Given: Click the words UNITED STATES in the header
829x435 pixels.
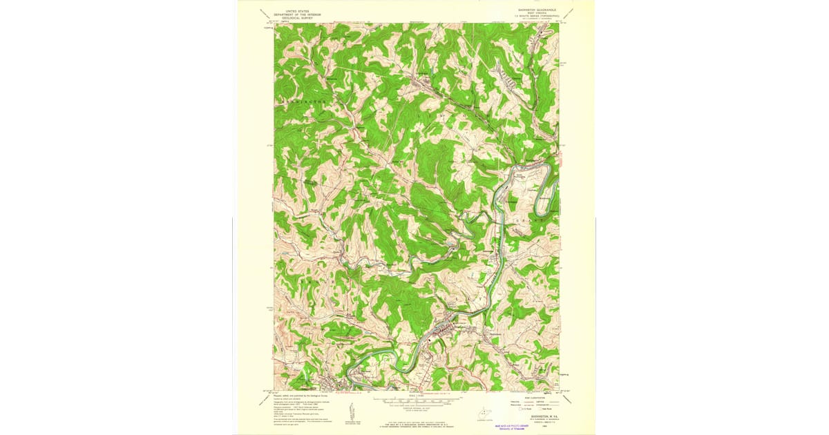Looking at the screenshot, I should click(x=293, y=10).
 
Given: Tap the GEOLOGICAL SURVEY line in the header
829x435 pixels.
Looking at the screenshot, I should click(x=293, y=17).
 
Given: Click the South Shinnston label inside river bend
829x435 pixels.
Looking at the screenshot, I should click(x=520, y=177).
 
